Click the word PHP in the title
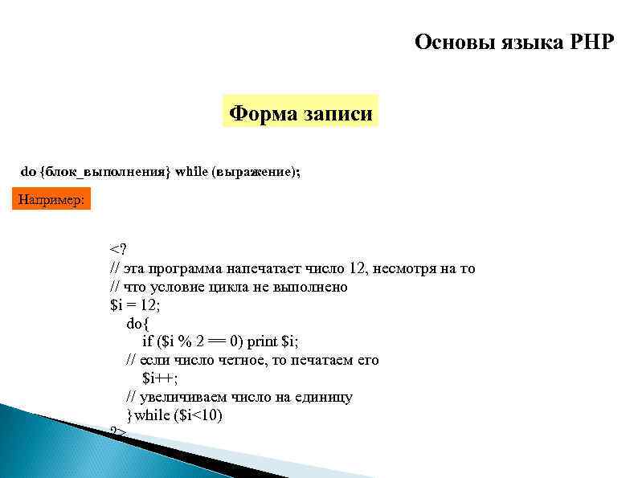pos(588,42)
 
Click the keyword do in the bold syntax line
pos(28,171)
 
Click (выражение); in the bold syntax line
pos(256,171)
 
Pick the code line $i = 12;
pos(133,305)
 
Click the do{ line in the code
pos(138,323)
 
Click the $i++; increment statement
pos(160,378)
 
